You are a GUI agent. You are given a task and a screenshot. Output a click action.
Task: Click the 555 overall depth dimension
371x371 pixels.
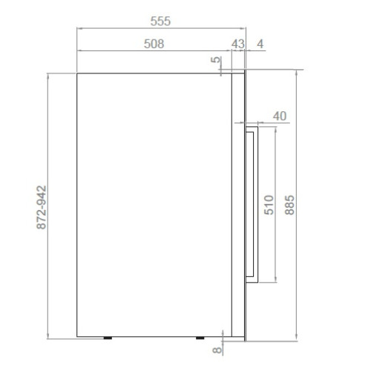160,21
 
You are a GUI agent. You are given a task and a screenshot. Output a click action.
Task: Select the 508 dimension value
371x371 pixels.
154,44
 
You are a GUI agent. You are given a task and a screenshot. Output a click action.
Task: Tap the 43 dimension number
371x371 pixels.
238,44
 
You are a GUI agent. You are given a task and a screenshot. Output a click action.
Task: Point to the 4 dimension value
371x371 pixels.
260,44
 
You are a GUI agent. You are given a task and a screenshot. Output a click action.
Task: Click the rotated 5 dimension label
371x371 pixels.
216,59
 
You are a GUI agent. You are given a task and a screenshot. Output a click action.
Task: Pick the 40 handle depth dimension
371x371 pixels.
280,116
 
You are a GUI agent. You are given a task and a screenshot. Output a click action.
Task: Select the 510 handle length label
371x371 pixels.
269,205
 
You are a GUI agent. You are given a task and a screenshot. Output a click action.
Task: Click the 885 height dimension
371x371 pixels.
289,205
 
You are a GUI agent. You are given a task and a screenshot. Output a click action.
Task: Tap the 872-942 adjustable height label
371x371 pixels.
42,207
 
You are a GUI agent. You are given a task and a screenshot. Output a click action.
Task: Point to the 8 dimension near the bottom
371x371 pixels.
217,349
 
